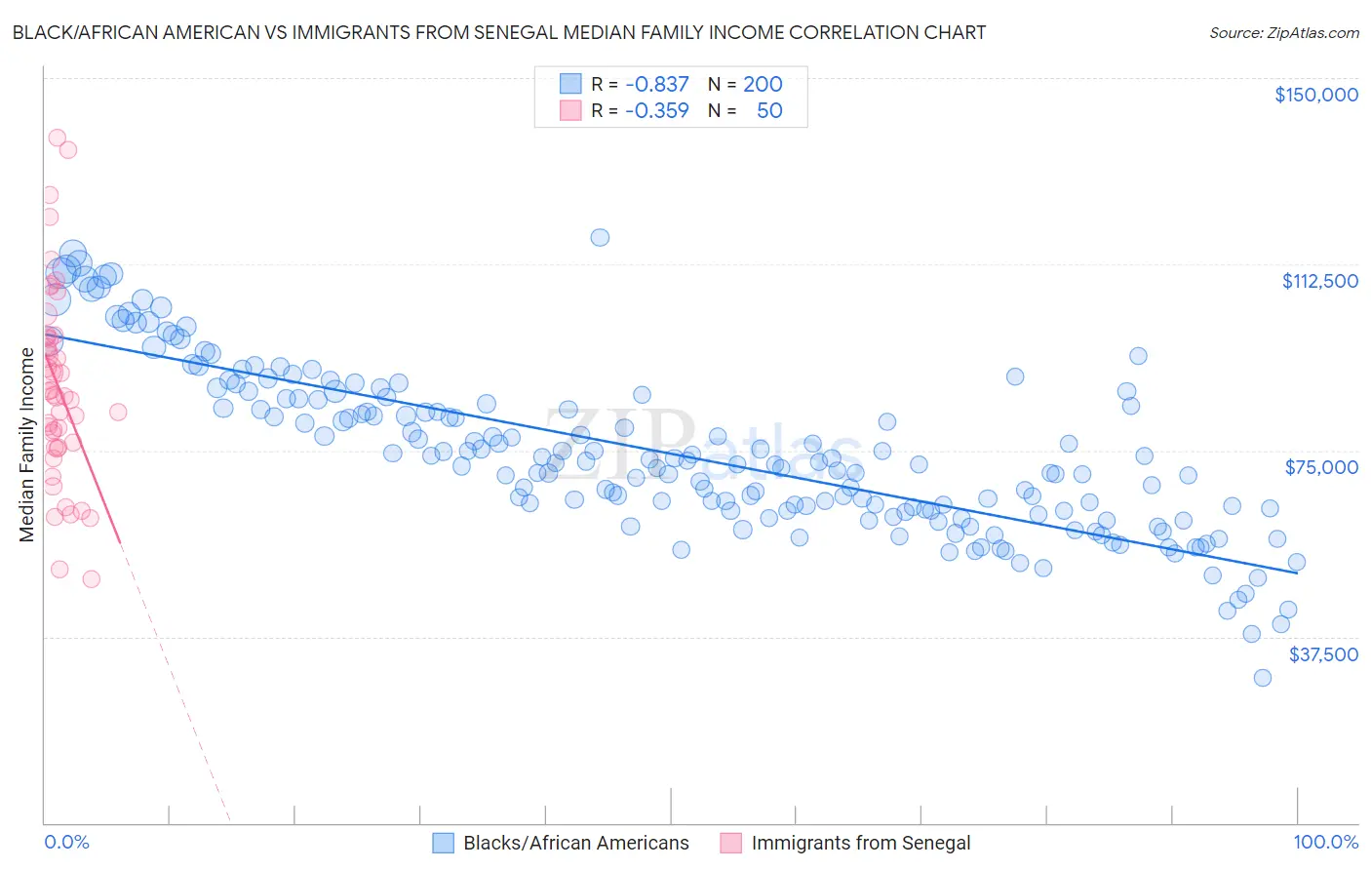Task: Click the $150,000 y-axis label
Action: tap(1315, 95)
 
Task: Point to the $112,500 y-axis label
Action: tap(1319, 281)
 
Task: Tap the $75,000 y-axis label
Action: tap(1321, 467)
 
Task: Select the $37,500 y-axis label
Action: tap(1322, 654)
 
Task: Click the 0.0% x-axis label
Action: tap(66, 842)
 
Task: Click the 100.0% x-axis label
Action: tap(1325, 842)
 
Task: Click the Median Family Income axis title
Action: tap(26, 445)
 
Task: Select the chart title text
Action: tap(498, 32)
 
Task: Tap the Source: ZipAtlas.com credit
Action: tap(1283, 32)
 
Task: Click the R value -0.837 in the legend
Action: tap(656, 84)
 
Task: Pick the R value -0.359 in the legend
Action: tap(656, 110)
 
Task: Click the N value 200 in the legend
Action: tap(763, 84)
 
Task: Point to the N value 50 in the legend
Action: tap(769, 110)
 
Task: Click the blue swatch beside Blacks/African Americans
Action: tap(444, 843)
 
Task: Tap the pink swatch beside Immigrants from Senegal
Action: tap(731, 843)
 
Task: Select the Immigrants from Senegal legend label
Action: tap(861, 843)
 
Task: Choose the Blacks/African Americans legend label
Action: tap(575, 843)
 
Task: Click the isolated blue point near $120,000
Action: tap(600, 237)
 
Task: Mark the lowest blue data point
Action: tap(1262, 677)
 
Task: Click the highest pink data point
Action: tap(57, 138)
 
